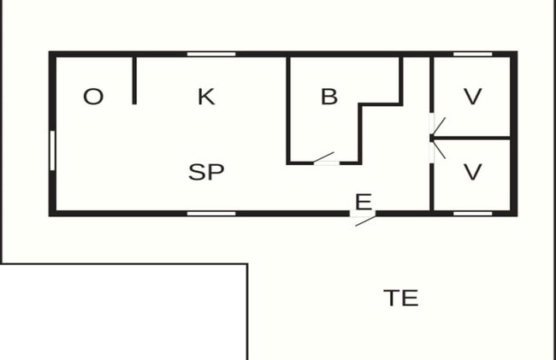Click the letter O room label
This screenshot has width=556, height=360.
[93, 97]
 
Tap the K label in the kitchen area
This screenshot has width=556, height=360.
[206, 97]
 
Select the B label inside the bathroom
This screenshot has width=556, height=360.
[329, 97]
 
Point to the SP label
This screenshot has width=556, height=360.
[206, 172]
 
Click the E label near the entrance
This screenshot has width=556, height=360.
[364, 202]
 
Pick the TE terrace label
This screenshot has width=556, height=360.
[400, 298]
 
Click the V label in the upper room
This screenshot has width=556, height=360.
[473, 97]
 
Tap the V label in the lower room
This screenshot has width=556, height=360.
[473, 172]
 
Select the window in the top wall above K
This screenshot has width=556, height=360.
[211, 54]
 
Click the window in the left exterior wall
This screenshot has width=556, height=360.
[52, 150]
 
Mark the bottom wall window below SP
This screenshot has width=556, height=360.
[211, 214]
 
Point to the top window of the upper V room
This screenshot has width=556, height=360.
[473, 54]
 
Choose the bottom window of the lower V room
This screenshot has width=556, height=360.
[473, 214]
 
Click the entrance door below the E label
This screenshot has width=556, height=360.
[364, 218]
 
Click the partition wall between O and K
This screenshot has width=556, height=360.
[134, 80]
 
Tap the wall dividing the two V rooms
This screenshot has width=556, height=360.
[472, 138]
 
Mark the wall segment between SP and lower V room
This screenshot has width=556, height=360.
[432, 186]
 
